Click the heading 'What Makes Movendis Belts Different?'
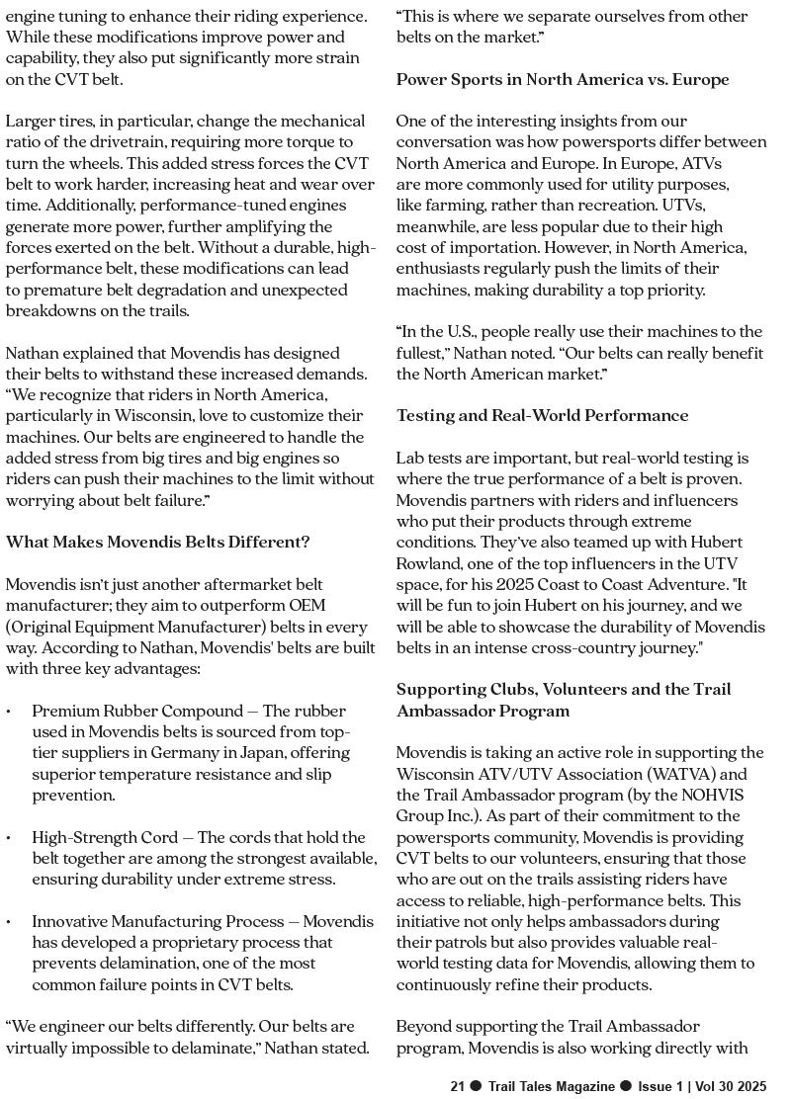click(158, 542)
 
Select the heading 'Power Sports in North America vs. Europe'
click(563, 79)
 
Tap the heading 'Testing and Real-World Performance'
click(543, 415)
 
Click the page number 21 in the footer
click(457, 1086)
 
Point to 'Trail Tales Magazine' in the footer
click(552, 1086)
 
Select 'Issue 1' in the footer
click(660, 1086)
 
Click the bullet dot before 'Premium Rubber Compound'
click(9, 712)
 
